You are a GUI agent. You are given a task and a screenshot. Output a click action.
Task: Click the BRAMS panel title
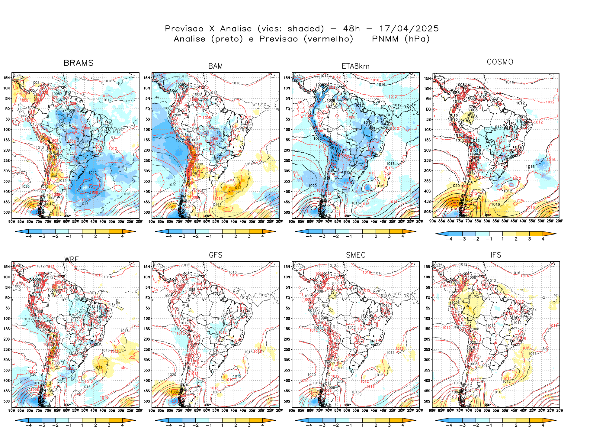(x=79, y=63)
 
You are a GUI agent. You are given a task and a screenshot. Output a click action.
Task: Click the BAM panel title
(x=215, y=66)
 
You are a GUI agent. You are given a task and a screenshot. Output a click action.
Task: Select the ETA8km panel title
(x=355, y=66)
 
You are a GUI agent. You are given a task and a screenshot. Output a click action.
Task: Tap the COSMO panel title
(x=500, y=62)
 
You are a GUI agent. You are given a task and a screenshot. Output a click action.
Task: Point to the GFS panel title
(x=215, y=255)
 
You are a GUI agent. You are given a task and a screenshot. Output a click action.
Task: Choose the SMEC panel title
(x=355, y=255)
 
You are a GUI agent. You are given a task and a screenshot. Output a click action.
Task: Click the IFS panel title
(x=495, y=255)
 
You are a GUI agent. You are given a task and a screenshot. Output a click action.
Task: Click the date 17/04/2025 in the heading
(x=409, y=29)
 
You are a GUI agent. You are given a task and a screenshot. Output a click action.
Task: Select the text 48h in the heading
(x=351, y=29)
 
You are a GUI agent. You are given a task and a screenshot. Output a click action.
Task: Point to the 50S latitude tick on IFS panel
(x=427, y=401)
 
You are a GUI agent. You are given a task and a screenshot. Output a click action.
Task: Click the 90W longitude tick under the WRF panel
(x=12, y=410)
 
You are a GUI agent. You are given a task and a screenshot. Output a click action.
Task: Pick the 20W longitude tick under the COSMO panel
(x=559, y=221)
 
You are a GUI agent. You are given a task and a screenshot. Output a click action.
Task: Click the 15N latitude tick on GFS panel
(x=147, y=267)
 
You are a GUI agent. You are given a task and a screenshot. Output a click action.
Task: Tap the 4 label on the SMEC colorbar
(x=402, y=426)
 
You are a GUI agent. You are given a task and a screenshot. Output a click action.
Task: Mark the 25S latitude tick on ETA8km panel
(x=287, y=160)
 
